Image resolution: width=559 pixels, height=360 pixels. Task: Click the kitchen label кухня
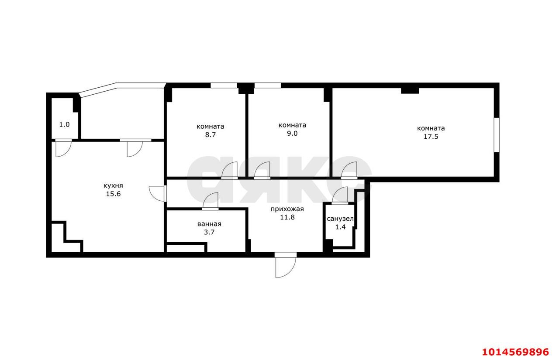click(x=113, y=186)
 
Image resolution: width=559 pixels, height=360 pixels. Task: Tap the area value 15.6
click(x=113, y=194)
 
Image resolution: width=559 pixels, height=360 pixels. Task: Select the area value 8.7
click(x=210, y=135)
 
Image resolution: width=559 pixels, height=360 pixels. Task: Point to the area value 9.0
click(x=292, y=134)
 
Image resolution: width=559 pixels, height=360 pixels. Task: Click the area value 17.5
click(x=431, y=137)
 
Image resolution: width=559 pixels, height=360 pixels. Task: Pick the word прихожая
click(x=287, y=209)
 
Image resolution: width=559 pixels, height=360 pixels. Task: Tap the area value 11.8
click(x=287, y=217)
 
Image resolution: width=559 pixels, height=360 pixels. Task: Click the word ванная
click(x=209, y=224)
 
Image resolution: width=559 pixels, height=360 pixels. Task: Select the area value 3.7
click(x=209, y=232)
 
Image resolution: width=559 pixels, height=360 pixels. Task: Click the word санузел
click(x=340, y=219)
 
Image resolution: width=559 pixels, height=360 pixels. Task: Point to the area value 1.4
click(x=340, y=227)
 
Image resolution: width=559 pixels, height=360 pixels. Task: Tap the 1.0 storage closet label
click(x=64, y=125)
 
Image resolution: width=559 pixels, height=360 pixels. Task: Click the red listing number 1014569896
click(x=515, y=352)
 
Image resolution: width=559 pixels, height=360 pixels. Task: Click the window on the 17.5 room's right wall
click(x=497, y=135)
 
